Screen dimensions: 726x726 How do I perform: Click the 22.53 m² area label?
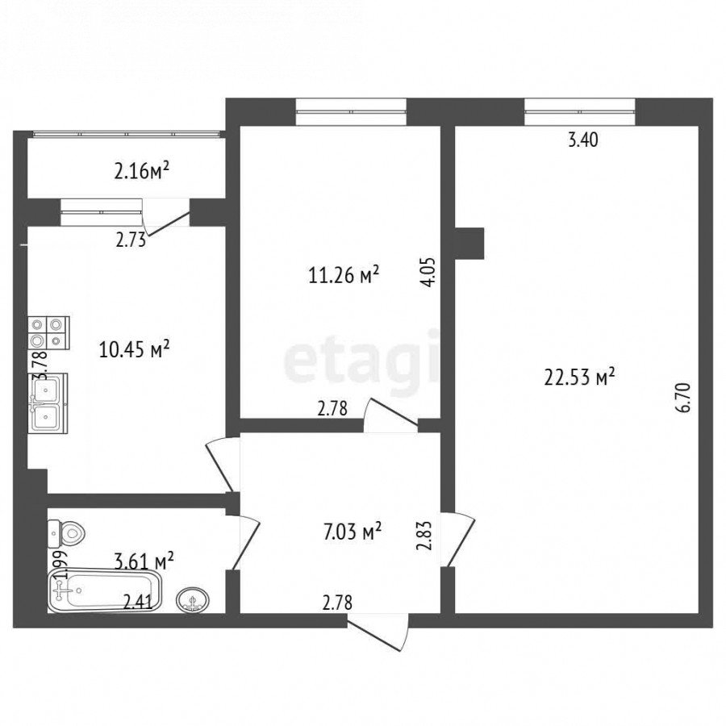[x=579, y=377]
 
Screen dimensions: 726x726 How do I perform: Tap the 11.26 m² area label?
[x=344, y=274]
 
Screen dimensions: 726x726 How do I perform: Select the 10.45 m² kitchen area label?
[x=134, y=349]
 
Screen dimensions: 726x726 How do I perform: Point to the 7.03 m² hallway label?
[x=353, y=532]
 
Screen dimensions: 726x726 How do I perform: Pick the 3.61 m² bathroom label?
[x=144, y=561]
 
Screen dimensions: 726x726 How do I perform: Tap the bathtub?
[x=105, y=590]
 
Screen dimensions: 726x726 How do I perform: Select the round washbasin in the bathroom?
[x=193, y=600]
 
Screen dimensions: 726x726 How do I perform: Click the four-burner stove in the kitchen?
[x=48, y=333]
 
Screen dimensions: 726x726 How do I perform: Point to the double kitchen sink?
[x=48, y=403]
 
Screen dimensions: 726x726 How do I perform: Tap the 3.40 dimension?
[x=583, y=140]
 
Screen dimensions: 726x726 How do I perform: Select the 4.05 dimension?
[x=429, y=273]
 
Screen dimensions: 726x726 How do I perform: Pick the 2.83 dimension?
[x=424, y=536]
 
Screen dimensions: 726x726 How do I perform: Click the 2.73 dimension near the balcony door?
[x=131, y=240]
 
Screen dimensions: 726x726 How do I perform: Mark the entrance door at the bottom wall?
[x=378, y=632]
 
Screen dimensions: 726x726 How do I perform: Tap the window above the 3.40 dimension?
[x=580, y=111]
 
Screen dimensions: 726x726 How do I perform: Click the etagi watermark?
[x=361, y=362]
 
